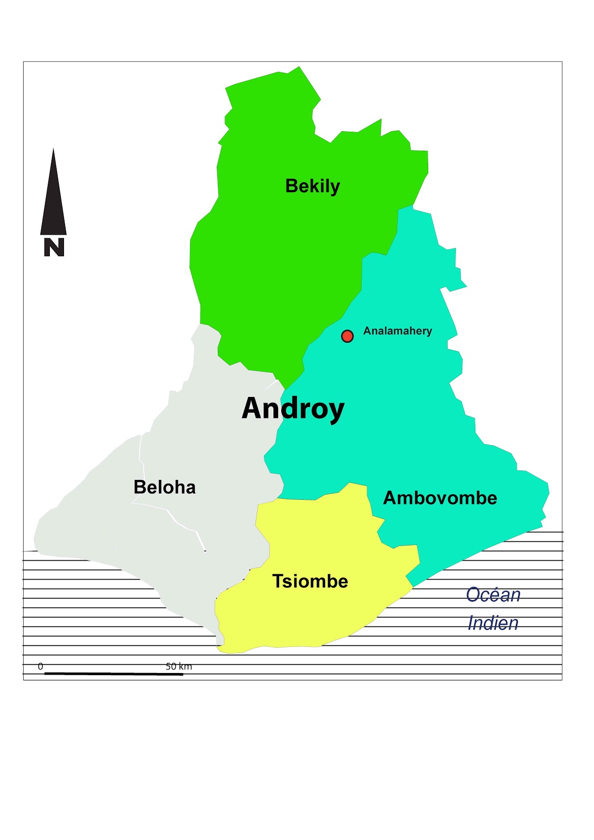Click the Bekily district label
pyautogui.click(x=312, y=186)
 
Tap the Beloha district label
pyautogui.click(x=164, y=487)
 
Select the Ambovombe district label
pyautogui.click(x=440, y=498)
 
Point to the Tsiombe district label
pyautogui.click(x=310, y=581)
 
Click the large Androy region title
pyautogui.click(x=293, y=408)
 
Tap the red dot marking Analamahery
pyautogui.click(x=347, y=336)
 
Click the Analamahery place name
pyautogui.click(x=397, y=331)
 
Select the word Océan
pyautogui.click(x=493, y=595)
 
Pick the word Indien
pyautogui.click(x=493, y=623)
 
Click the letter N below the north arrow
pyautogui.click(x=54, y=247)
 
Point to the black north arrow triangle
pyautogui.click(x=54, y=205)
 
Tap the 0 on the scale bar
pyautogui.click(x=40, y=667)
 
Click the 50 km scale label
pyautogui.click(x=178, y=667)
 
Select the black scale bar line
pyautogui.click(x=113, y=674)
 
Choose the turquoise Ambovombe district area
pyautogui.click(x=399, y=420)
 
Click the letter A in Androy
pyautogui.click(x=252, y=408)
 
